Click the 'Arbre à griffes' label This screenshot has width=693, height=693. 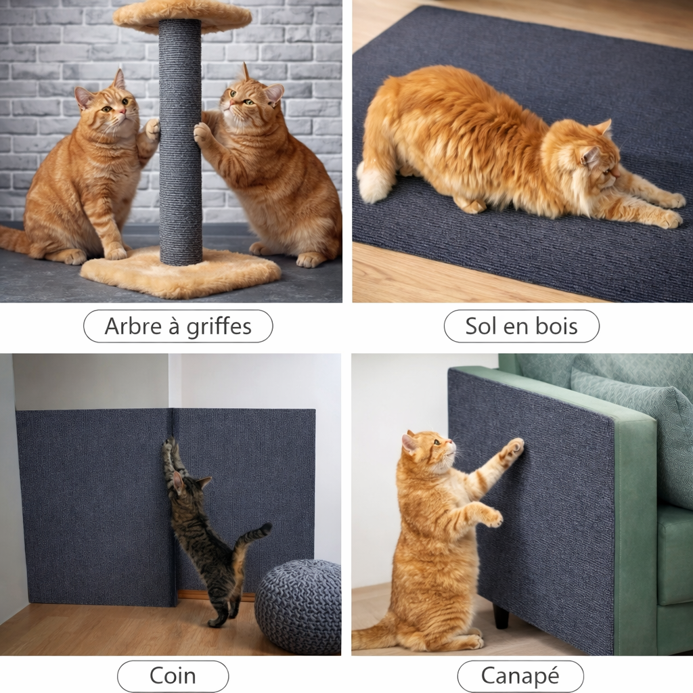click(178, 327)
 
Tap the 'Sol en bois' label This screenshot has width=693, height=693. click(521, 327)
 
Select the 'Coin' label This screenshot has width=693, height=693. click(173, 676)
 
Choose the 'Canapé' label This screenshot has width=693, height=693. click(520, 676)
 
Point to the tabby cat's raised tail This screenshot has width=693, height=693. click(254, 535)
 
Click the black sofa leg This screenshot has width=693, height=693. click(500, 616)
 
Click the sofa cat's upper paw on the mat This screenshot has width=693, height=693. click(514, 447)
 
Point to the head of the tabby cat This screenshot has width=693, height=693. click(187, 485)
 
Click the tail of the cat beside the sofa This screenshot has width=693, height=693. click(372, 636)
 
